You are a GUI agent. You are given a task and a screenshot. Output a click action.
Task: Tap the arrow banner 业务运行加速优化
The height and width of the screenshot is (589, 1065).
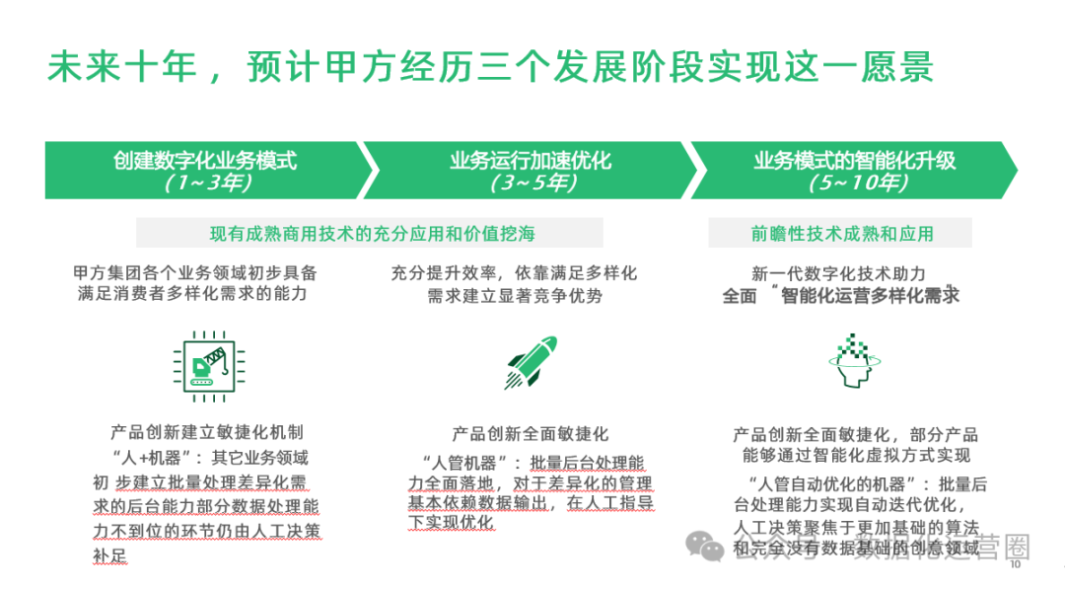pos(531,170)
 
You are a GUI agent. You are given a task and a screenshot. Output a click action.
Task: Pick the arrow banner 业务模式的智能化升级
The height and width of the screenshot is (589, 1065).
pos(854,170)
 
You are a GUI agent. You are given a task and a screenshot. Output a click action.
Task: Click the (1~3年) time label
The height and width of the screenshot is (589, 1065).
pos(205,183)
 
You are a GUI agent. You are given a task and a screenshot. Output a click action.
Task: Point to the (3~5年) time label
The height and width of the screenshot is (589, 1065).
pos(532,183)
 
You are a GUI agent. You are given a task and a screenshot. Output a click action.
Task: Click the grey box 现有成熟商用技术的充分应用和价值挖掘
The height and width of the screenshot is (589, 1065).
pos(369,234)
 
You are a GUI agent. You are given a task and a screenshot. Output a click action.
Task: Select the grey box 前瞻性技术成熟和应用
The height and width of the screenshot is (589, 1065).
pos(841,234)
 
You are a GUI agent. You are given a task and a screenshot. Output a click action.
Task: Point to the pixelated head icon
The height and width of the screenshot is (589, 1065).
pos(853,362)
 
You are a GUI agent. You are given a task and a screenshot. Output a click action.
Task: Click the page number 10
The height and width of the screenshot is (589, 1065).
pos(1015,566)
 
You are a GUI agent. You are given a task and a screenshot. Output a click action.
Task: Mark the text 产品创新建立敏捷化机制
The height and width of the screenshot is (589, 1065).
pos(207,432)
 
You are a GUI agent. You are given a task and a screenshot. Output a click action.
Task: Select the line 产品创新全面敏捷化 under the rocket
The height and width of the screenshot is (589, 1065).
pos(531,433)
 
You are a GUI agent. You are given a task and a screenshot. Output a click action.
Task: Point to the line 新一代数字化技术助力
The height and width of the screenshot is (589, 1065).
pos(839,274)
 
